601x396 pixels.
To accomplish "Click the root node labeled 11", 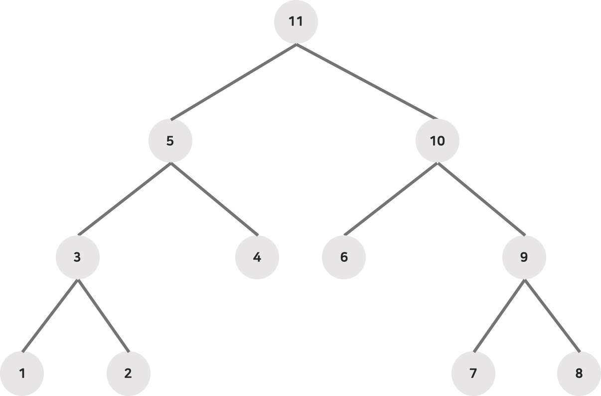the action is [x=296, y=22].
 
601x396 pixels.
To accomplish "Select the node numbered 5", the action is [x=170, y=141].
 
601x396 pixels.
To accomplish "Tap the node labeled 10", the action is [x=437, y=141].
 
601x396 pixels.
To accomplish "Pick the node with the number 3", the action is [x=77, y=257].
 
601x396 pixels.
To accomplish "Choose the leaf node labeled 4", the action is [x=257, y=257].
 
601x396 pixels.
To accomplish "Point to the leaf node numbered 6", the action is [x=344, y=257].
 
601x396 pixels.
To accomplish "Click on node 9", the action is [x=524, y=257].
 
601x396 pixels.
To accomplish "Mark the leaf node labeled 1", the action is [x=22, y=373].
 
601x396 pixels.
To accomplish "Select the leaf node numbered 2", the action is [x=128, y=373].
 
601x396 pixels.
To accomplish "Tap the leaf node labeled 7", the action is [x=473, y=373].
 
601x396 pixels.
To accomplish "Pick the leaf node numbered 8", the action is [x=579, y=373].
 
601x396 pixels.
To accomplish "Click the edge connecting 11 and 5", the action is [x=233, y=82].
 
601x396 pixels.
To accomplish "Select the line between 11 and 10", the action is [x=367, y=82].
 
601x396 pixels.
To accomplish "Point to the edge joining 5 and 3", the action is [x=124, y=199].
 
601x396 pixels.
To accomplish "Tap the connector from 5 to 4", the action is [x=214, y=199].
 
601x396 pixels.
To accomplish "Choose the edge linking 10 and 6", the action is [x=391, y=199].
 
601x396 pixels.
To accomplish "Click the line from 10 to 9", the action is [x=480, y=199].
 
